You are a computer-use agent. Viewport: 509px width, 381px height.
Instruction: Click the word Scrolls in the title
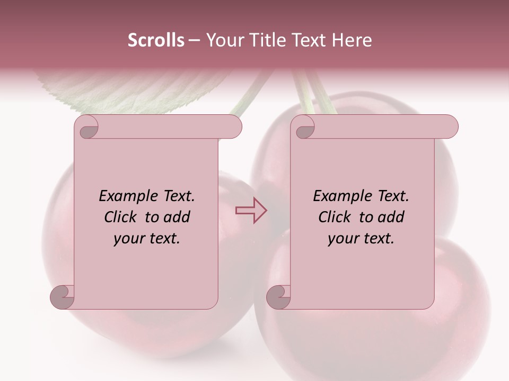(x=156, y=40)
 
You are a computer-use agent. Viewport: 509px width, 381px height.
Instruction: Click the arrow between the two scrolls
(x=251, y=210)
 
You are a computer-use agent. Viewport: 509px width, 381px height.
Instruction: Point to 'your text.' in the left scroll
(x=147, y=238)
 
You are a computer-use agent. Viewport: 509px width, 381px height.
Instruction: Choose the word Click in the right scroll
(x=336, y=217)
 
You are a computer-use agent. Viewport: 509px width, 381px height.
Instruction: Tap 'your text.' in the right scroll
(x=361, y=238)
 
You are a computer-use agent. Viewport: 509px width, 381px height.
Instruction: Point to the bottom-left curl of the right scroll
(x=279, y=296)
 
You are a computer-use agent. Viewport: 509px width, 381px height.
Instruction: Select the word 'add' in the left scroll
(x=178, y=217)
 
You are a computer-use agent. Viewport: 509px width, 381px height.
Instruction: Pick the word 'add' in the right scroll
(x=392, y=217)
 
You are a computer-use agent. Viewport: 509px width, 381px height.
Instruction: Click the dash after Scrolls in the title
(x=195, y=40)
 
